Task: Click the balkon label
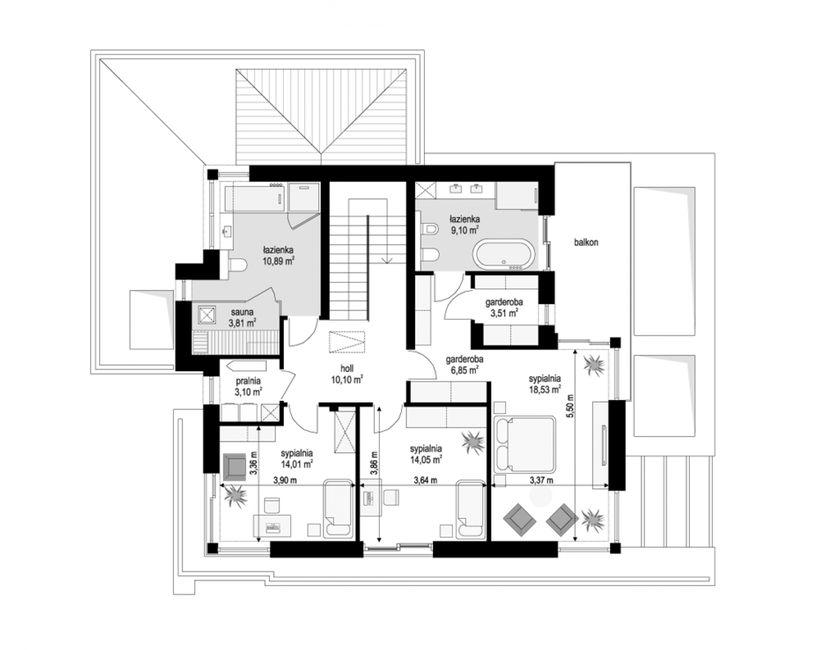586,242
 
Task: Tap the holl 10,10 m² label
347,374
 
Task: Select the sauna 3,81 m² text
242,317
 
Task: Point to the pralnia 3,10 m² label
248,386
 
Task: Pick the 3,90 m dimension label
285,480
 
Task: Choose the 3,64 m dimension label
426,480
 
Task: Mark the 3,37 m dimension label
541,480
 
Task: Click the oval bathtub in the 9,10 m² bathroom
503,255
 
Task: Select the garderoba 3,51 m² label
504,308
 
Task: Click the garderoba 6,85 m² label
464,365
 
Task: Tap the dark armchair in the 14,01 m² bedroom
234,467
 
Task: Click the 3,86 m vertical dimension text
374,463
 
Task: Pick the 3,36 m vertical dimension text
254,463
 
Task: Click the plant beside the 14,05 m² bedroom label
473,443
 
